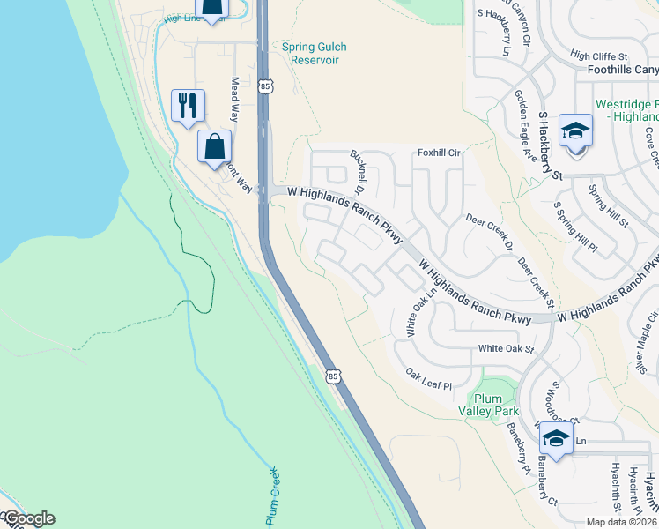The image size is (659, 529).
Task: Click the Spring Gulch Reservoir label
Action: point(315,53)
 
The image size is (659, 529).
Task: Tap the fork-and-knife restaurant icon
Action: point(188,106)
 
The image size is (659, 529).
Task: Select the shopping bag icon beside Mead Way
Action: point(214,146)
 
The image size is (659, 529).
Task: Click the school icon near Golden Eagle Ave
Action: point(575,132)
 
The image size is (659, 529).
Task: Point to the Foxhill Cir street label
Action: point(441,152)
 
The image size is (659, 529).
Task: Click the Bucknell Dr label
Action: point(359,171)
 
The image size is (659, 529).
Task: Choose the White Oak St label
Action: point(506,349)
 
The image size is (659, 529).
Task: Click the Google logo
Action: point(28,519)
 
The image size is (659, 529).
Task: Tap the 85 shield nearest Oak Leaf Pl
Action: point(332,376)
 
